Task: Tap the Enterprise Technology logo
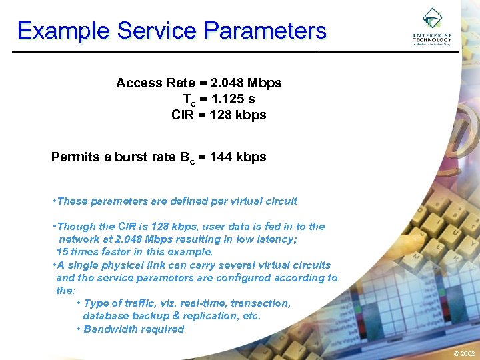[432, 27]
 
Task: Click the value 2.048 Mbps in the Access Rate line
[245, 83]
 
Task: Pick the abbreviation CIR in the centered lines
[182, 115]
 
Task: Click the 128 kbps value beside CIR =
[237, 115]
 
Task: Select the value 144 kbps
[237, 157]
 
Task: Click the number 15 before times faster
[62, 252]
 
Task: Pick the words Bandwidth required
[133, 329]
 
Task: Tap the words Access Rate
[155, 83]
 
